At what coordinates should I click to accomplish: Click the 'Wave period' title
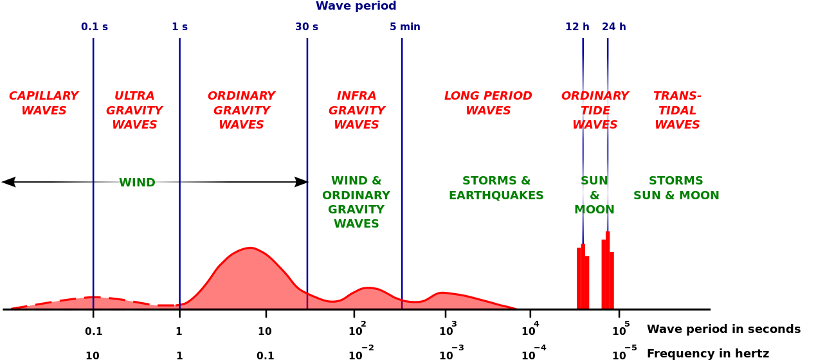[x=356, y=6]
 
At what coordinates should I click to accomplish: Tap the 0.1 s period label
[x=95, y=27]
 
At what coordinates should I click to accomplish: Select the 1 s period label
[x=179, y=27]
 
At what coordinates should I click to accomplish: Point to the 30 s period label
[x=307, y=27]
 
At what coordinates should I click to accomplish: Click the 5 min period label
[x=404, y=27]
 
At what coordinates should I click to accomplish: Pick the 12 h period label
[x=577, y=27]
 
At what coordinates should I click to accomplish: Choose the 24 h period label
[x=614, y=27]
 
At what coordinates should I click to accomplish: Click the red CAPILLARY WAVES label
[x=44, y=104]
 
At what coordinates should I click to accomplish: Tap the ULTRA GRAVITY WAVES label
[x=134, y=111]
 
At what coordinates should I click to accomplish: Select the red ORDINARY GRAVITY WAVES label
[x=241, y=111]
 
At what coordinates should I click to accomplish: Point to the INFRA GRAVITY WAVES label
[x=356, y=111]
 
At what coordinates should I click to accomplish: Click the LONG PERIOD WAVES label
[x=488, y=104]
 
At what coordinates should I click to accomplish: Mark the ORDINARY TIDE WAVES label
[x=595, y=111]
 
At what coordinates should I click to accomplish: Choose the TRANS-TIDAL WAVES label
[x=677, y=111]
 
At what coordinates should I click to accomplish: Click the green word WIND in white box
[x=137, y=183]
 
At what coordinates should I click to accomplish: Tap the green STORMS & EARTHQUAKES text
[x=496, y=188]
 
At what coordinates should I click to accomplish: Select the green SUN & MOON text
[x=594, y=195]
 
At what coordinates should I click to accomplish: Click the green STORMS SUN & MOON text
[x=676, y=188]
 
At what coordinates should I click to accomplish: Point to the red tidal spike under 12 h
[x=583, y=280]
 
